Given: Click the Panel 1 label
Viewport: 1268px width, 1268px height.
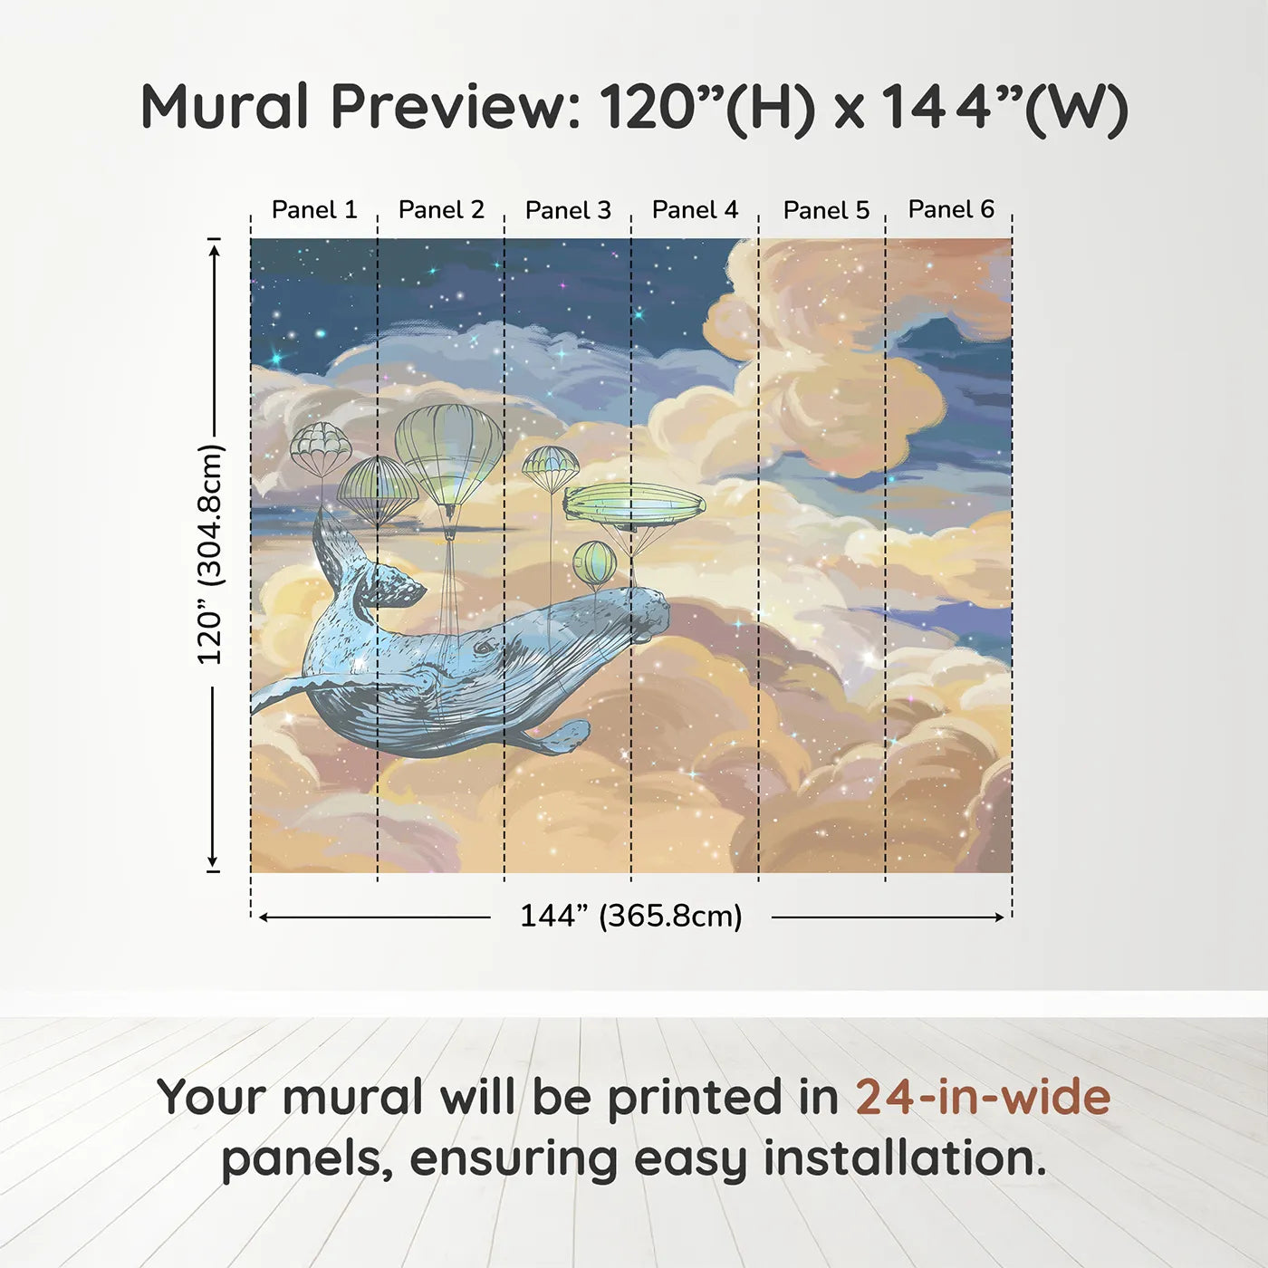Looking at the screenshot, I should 314,210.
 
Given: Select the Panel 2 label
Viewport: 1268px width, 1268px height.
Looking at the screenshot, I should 441,210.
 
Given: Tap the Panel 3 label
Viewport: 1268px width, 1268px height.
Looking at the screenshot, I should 568,210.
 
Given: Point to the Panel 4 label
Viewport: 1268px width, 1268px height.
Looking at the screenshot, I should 695,210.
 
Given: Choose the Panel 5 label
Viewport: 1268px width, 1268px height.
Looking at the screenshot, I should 826,210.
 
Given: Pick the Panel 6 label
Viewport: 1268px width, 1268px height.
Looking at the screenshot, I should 951,209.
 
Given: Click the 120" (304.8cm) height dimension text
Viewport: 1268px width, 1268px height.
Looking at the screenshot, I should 210,554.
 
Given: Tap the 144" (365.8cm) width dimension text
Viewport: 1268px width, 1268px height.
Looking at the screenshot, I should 630,916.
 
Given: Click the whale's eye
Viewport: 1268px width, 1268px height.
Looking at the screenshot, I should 486,648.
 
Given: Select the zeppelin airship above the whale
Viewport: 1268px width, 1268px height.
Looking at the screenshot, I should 634,504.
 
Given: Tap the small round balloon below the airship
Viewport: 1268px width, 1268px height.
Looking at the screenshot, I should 594,562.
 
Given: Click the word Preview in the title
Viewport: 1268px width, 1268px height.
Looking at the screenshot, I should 455,107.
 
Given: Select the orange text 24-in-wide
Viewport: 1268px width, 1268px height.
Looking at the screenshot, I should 983,1097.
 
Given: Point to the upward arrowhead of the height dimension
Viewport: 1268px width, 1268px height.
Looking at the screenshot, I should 214,247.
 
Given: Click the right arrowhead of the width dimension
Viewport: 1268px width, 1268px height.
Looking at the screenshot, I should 999,917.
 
